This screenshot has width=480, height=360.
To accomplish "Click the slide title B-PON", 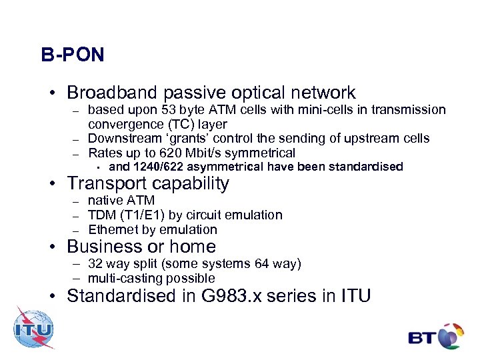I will point(72,55).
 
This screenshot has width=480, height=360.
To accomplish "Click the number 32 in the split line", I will point(95,264).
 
